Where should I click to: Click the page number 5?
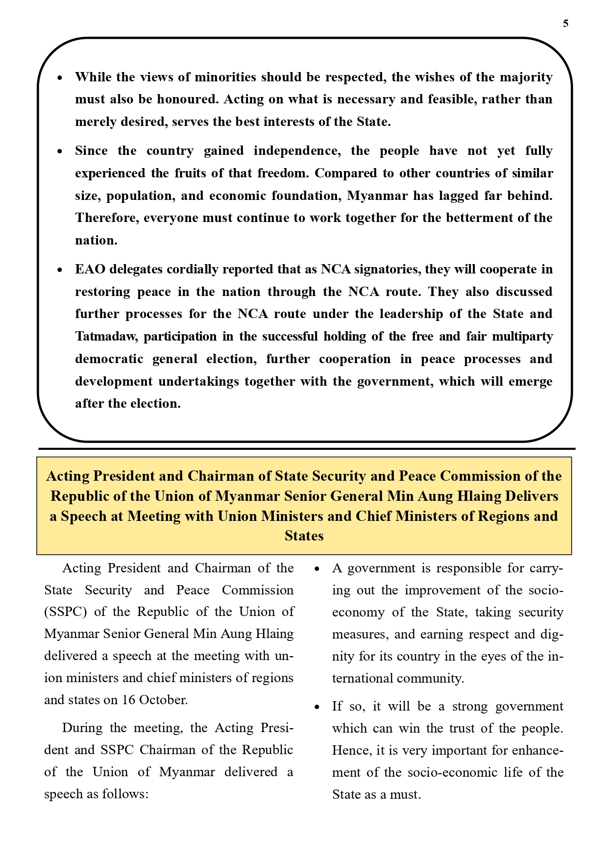[566, 24]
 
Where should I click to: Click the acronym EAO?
[90, 269]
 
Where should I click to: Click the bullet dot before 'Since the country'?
[60, 151]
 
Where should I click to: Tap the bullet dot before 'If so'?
[317, 707]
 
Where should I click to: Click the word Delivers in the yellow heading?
[532, 496]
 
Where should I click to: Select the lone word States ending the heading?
[304, 536]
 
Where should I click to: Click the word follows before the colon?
[124, 793]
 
